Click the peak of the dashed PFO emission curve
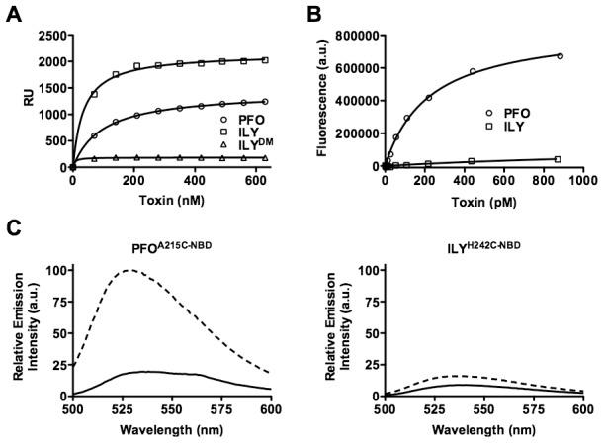coord(129,269)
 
